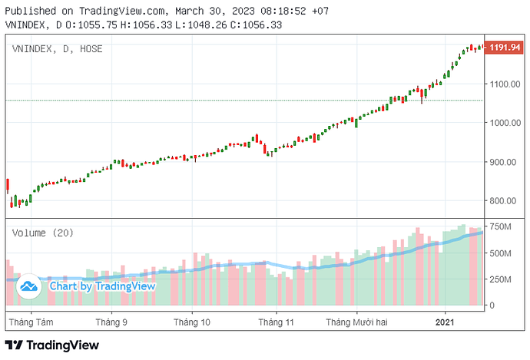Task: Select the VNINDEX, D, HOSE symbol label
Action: [58, 49]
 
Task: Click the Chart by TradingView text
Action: [102, 286]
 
